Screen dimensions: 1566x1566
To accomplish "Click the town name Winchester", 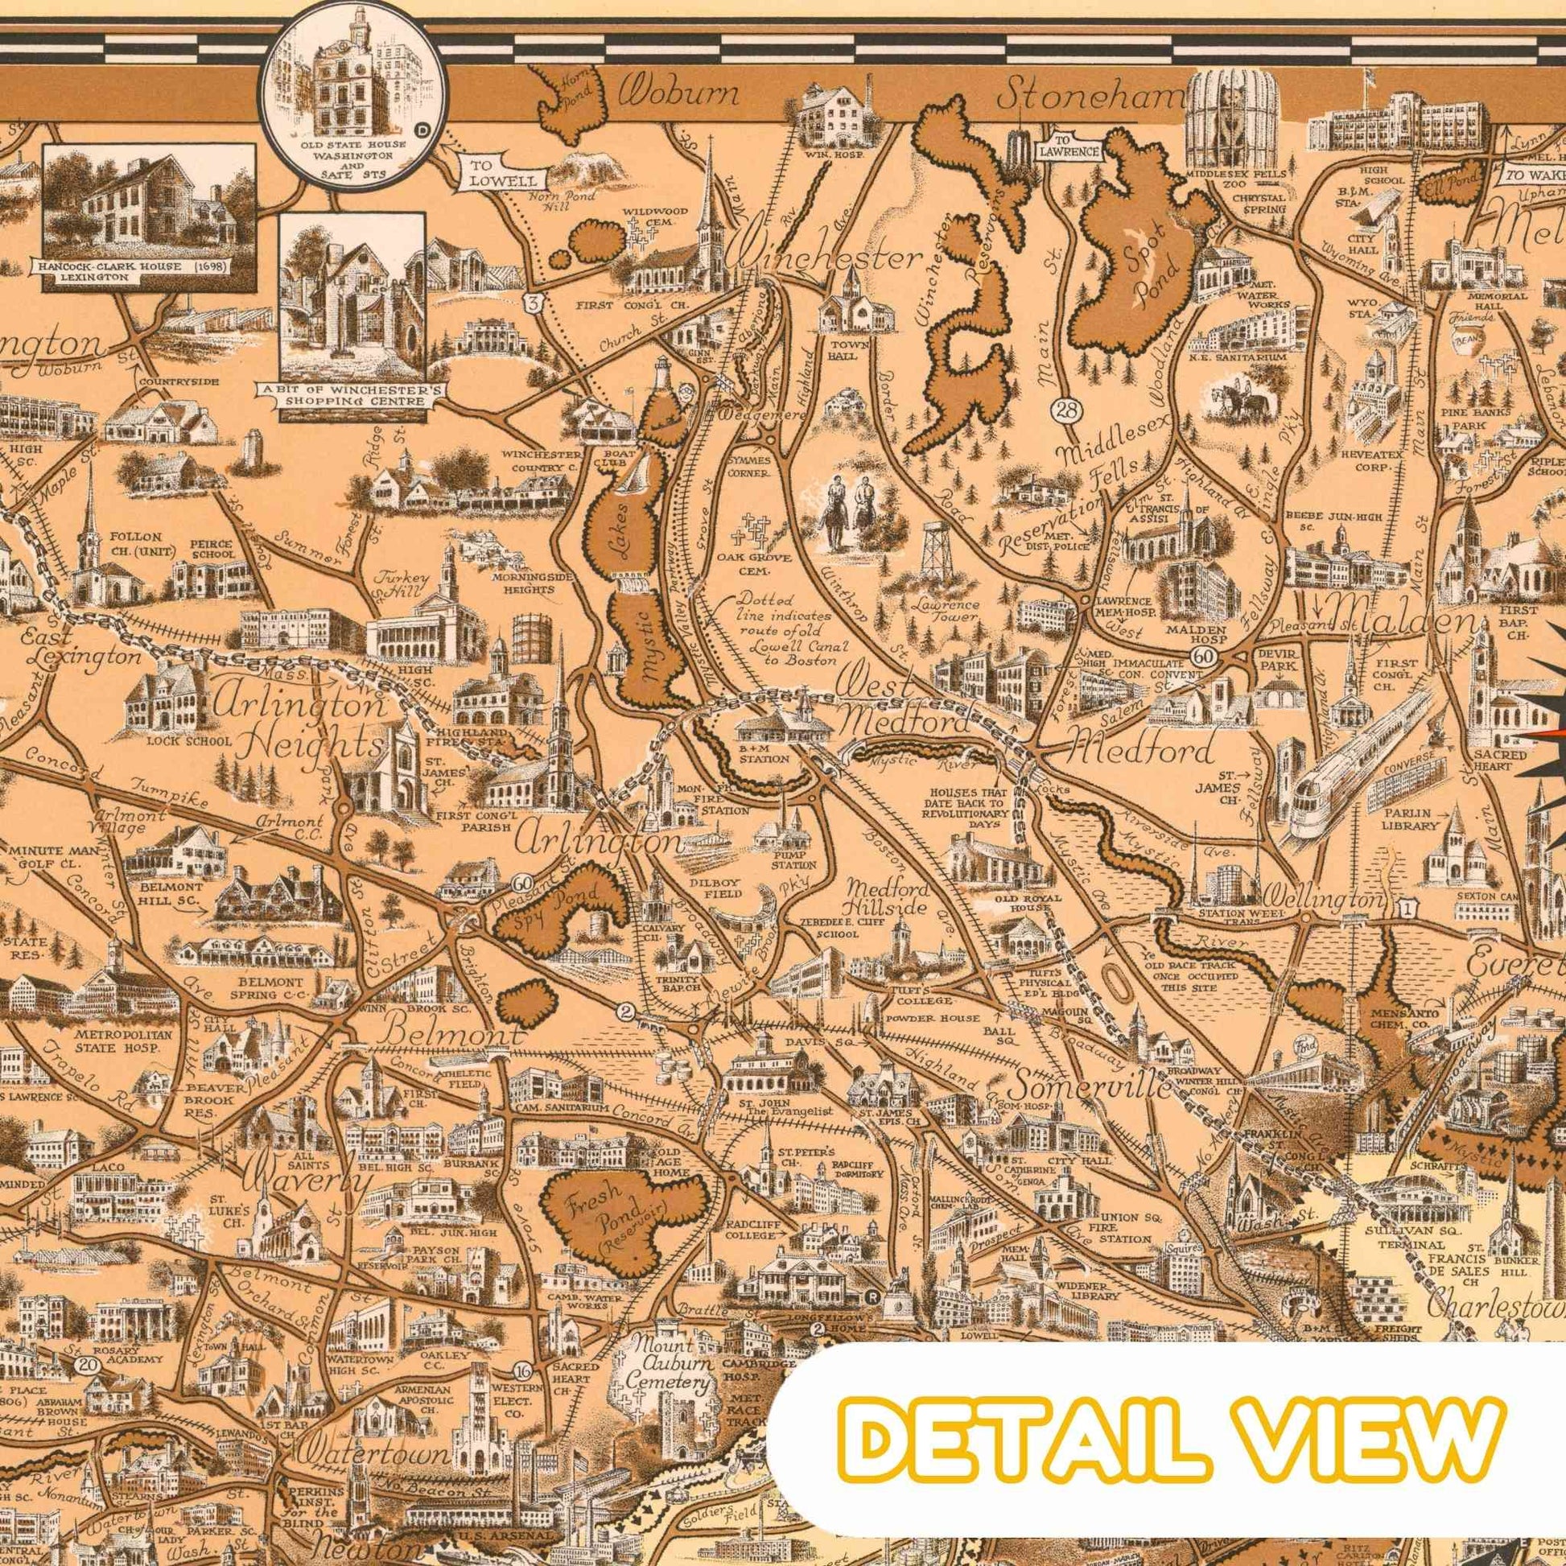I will (826, 259).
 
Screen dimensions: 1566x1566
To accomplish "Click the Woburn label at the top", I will (679, 95).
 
